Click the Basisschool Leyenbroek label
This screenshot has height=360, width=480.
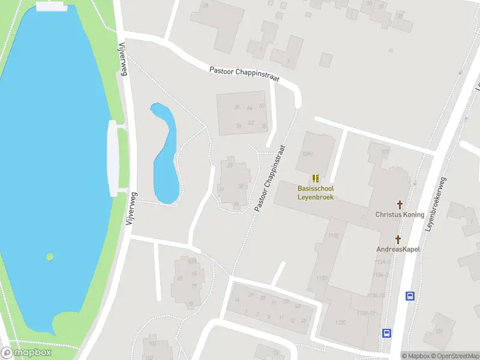316,192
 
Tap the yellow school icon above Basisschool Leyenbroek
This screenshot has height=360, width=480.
316,178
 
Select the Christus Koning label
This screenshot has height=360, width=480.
400,214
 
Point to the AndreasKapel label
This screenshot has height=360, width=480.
398,249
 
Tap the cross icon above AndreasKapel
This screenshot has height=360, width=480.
398,239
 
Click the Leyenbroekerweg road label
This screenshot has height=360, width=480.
436,204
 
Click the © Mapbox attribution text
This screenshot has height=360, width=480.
415,356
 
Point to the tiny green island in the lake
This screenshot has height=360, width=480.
50,257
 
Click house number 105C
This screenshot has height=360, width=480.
308,154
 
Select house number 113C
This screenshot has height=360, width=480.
341,322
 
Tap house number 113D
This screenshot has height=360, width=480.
322,278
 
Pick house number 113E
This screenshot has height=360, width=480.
334,236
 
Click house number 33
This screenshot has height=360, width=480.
230,166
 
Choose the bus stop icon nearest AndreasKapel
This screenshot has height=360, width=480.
410,296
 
